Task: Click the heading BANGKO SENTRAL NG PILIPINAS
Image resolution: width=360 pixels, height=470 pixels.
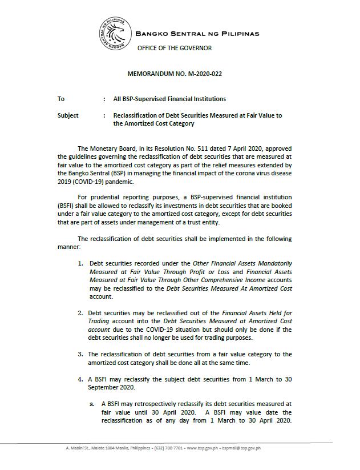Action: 197,34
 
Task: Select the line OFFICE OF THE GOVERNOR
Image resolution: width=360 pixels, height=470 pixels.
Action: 174,48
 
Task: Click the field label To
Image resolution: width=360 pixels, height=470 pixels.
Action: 61,99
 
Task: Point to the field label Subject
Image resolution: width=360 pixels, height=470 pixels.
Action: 68,115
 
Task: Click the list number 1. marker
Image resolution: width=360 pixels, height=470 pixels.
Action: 81,263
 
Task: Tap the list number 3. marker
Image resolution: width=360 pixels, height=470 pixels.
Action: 81,354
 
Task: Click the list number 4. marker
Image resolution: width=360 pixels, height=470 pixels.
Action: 81,379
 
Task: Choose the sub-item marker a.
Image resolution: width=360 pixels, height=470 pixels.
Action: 91,403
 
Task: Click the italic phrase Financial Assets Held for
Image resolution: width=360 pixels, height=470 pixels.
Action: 257,313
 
